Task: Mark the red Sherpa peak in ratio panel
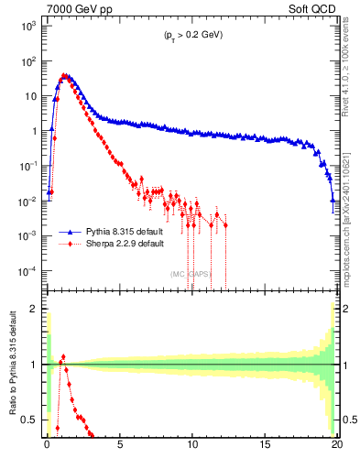63,356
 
